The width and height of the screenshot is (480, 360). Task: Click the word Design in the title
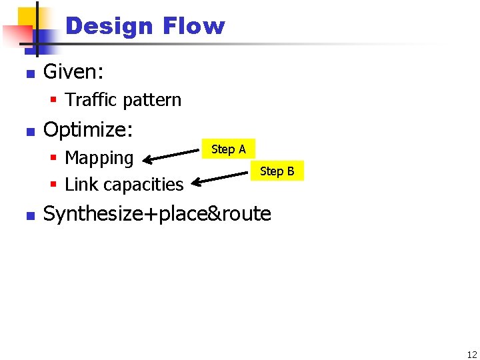tap(109, 26)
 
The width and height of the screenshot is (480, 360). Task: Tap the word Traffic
tap(90, 100)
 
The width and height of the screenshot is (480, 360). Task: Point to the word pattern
tap(151, 100)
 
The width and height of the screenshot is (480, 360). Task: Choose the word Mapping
tap(99, 158)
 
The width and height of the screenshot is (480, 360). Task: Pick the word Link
tap(81, 184)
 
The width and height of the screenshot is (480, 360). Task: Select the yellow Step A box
tap(228, 149)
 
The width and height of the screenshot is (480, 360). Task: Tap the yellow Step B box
tap(277, 171)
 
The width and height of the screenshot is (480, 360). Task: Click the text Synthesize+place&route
tap(157, 214)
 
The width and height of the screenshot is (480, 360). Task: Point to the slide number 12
tap(471, 355)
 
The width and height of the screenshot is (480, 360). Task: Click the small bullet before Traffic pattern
tap(54, 101)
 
